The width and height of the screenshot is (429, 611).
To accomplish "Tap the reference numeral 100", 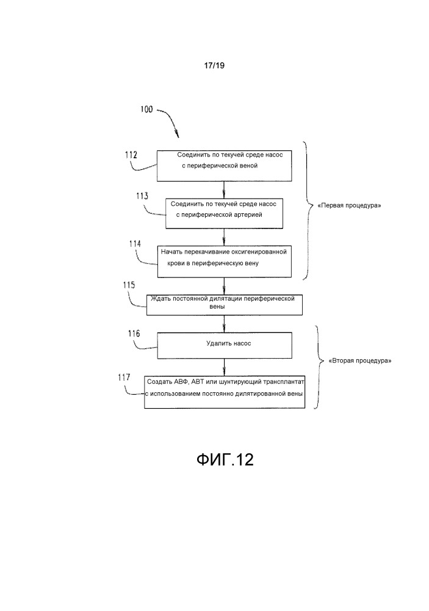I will (147, 111).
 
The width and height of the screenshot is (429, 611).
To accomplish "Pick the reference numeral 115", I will (129, 285).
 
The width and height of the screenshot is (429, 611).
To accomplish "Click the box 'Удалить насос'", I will (225, 345).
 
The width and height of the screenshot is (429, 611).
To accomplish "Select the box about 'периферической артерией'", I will (225, 212).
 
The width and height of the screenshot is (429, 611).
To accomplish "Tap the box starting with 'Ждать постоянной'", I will (224, 304).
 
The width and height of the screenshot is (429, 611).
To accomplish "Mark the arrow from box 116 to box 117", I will (225, 367).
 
